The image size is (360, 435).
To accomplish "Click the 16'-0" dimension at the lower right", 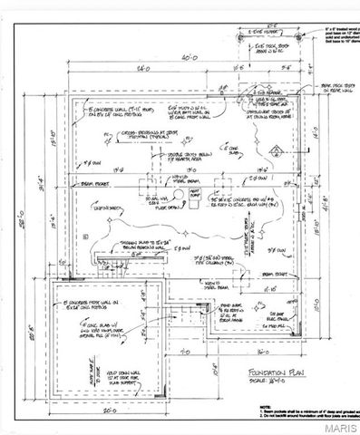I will tap(262, 347).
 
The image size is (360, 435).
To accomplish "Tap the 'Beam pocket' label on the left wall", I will tap(63, 180).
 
